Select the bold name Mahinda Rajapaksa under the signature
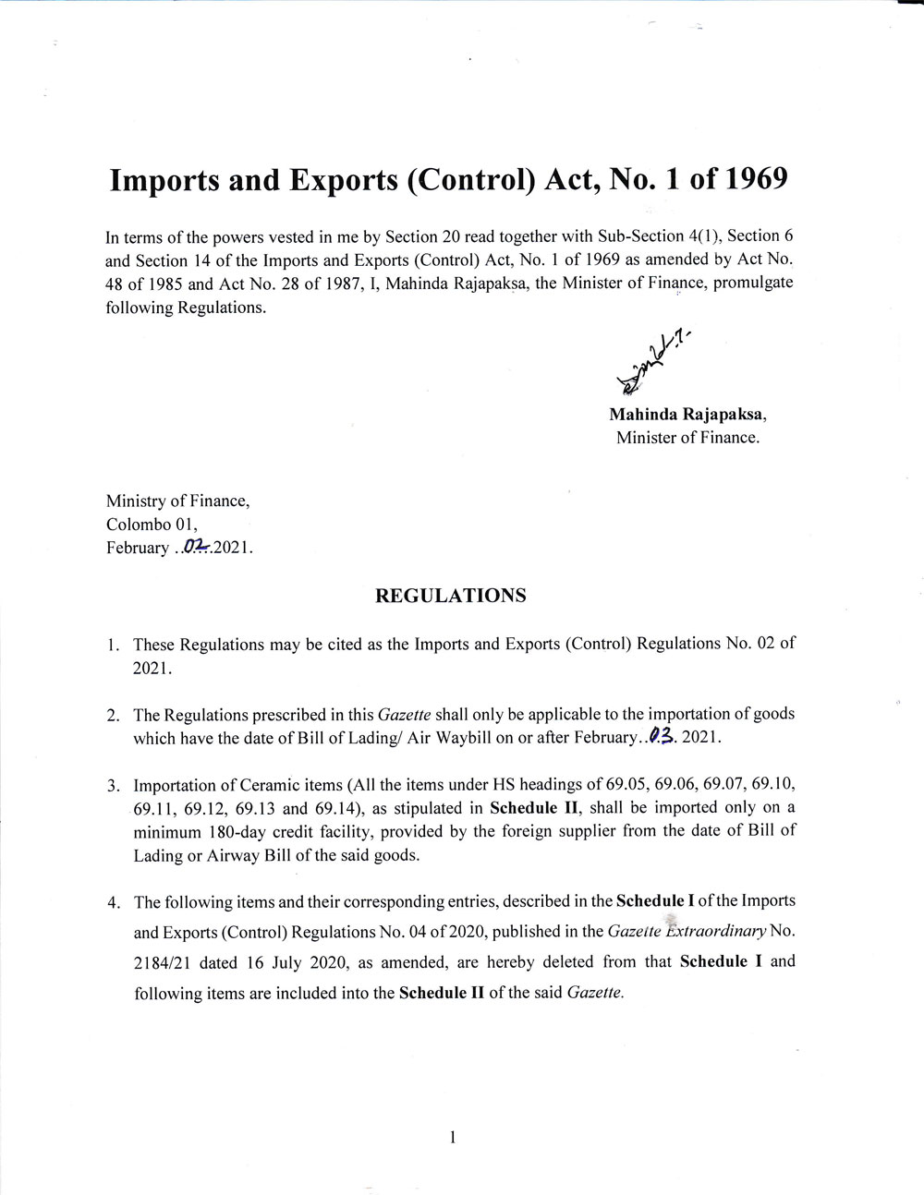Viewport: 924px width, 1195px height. click(687, 414)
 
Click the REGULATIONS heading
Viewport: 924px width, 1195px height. click(450, 596)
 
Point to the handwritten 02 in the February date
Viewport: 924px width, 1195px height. click(196, 546)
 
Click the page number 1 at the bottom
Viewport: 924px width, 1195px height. click(453, 1137)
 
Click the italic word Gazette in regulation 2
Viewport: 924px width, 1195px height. click(404, 714)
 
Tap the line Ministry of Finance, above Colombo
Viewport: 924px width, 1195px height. click(177, 501)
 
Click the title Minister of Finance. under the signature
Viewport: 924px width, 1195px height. click(687, 438)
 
